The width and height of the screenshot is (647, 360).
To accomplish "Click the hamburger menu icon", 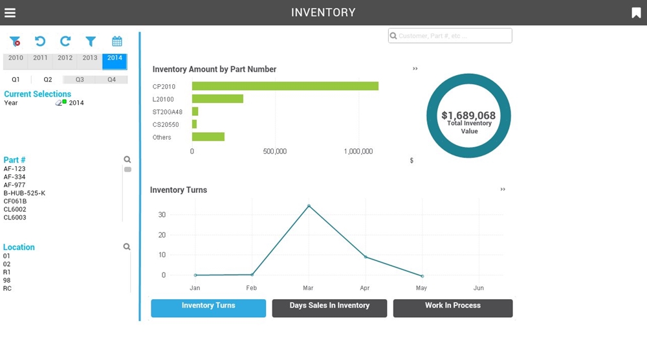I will click(10, 13).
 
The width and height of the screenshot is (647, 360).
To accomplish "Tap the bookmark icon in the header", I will click(635, 13).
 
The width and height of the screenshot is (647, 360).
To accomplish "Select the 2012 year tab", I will click(65, 58).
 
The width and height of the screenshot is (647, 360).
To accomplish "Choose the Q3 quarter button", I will click(80, 80).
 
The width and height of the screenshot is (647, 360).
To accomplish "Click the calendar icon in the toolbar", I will click(117, 41).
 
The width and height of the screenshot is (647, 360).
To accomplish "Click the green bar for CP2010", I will click(285, 86).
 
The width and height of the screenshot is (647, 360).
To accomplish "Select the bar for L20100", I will click(217, 99).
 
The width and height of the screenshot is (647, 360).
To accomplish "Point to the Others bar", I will click(208, 137).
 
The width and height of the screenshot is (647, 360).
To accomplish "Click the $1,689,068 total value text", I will click(468, 116).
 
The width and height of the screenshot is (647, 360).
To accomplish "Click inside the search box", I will click(453, 36).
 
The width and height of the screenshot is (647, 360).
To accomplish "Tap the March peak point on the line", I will click(309, 206).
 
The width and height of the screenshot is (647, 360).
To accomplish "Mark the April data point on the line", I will click(366, 257).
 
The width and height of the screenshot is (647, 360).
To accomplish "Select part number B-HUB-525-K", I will click(25, 193).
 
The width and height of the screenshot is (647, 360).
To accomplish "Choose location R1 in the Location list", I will click(7, 272).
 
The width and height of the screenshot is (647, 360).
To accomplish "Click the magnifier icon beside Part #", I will click(127, 159).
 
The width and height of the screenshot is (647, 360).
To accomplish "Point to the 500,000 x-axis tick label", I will click(275, 151).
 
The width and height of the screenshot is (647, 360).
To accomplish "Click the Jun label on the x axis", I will click(478, 288).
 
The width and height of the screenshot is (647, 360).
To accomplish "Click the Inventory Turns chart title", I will click(179, 190).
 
